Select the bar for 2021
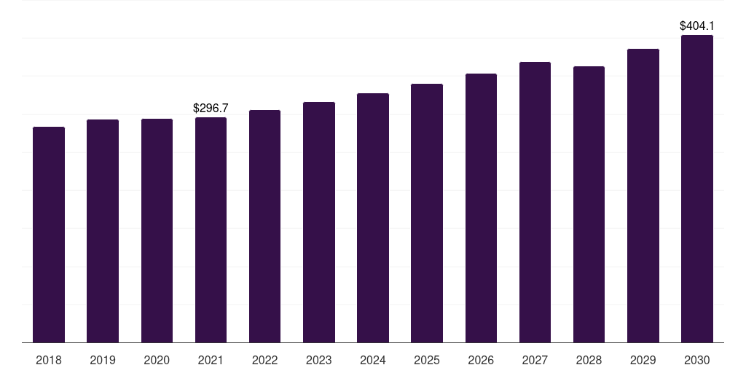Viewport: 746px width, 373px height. click(211, 229)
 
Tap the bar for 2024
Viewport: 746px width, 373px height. click(373, 218)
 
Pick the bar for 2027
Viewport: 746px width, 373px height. click(535, 202)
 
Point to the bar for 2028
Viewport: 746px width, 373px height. click(589, 204)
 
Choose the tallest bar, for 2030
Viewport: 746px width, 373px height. click(697, 189)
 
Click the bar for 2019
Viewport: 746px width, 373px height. click(103, 231)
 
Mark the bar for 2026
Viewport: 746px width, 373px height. click(481, 208)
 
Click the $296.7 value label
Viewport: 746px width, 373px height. click(211, 108)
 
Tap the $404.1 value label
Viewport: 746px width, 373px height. click(697, 25)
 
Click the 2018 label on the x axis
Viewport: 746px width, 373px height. click(49, 360)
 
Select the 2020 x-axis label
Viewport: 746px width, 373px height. click(157, 360)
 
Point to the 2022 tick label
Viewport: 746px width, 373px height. click(264, 360)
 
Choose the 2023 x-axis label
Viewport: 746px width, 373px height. click(319, 360)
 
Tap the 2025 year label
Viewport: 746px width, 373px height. click(427, 360)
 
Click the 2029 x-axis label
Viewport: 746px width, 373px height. click(643, 360)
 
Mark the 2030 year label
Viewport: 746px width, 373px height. click(697, 360)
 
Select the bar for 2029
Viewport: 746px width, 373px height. click(643, 195)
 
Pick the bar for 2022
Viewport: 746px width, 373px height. click(264, 226)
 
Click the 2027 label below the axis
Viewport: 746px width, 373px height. click(535, 360)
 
